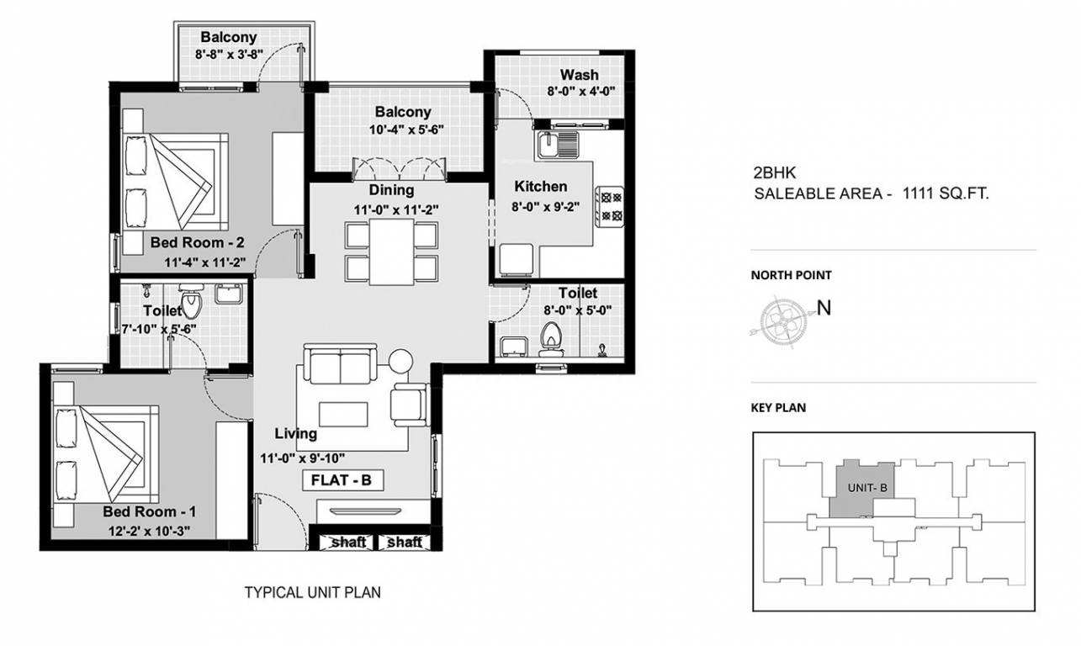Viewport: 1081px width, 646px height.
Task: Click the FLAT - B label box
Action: tap(343, 481)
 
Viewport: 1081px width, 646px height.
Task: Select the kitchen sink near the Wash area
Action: tap(558, 144)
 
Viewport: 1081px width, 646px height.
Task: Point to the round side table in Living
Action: tap(399, 361)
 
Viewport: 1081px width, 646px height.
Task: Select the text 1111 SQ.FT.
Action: tap(945, 193)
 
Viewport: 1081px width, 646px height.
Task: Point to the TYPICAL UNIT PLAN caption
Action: tap(312, 592)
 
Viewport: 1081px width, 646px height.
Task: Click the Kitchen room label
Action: tap(541, 186)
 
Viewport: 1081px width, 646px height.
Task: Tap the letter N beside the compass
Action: tap(824, 308)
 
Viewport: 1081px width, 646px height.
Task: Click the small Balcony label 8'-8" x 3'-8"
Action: tap(229, 54)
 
